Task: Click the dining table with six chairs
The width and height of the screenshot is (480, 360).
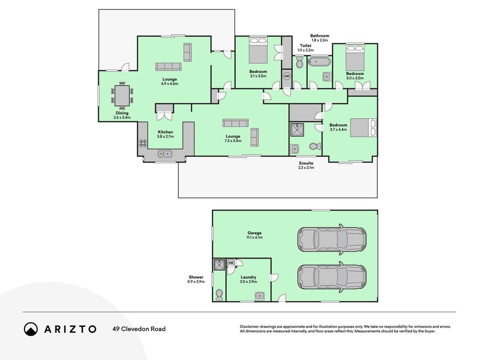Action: click(122, 95)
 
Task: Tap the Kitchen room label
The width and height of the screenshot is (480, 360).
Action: click(165, 132)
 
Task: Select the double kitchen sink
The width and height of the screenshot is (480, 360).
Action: click(165, 153)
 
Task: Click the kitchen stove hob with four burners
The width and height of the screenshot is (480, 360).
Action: click(143, 143)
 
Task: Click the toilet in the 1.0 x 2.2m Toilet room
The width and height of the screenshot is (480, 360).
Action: click(300, 62)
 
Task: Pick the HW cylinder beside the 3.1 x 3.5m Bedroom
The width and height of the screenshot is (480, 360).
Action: click(287, 76)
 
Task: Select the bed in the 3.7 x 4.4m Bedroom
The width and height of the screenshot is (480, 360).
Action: click(363, 128)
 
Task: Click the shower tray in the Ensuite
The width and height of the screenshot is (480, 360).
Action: click(297, 130)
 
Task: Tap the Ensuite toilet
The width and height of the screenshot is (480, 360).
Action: click(315, 146)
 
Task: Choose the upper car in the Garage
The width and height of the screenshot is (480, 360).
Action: click(332, 239)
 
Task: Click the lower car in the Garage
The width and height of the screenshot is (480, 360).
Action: click(332, 277)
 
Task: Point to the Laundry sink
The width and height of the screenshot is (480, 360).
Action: click(260, 296)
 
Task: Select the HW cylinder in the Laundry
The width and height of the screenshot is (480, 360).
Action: click(231, 263)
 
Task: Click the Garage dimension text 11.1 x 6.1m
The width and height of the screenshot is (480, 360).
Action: click(254, 237)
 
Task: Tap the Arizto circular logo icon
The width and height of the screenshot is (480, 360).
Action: click(31, 329)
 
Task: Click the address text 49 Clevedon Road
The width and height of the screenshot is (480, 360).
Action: click(139, 329)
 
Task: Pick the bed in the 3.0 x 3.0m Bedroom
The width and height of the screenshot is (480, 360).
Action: click(355, 57)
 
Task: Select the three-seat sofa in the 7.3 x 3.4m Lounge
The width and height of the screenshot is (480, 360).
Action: click(235, 123)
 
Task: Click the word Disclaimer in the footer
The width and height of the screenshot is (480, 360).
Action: click(250, 327)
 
